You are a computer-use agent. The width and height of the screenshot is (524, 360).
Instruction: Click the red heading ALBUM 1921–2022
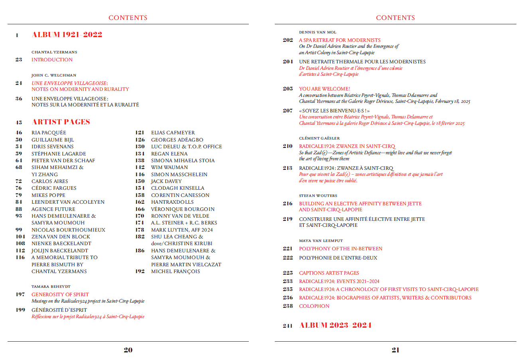point(67,35)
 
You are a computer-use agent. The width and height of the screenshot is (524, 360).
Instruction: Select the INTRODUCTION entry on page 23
point(52,60)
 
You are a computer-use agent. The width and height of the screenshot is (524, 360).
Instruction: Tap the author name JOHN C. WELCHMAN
point(54,75)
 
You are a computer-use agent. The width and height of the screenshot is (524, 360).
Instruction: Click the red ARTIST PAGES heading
point(61,122)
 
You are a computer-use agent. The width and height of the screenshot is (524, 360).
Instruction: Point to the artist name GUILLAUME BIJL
point(53,140)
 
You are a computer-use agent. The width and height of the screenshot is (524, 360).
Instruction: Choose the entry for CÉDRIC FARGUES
point(54,188)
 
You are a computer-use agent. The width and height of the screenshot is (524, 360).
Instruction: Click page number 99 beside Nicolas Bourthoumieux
point(19,230)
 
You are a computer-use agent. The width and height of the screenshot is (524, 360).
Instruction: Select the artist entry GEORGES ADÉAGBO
point(177,140)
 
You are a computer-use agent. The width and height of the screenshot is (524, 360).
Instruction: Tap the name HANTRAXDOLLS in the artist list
point(172,202)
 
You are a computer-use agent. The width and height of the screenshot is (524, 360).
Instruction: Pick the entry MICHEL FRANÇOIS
point(175,271)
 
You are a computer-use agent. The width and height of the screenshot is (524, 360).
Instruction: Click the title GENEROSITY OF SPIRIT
point(60,295)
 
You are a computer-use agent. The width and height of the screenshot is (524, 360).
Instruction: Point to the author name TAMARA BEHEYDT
point(51,286)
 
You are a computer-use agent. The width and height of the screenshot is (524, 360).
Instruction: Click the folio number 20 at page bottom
point(128,350)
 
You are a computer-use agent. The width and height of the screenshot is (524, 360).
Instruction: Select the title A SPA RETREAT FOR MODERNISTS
point(340,40)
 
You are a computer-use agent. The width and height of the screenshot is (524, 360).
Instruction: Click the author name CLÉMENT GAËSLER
point(319,138)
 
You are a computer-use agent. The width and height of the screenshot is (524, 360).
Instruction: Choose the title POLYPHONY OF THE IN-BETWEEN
point(341,249)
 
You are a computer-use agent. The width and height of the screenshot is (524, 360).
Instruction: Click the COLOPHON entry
point(314,306)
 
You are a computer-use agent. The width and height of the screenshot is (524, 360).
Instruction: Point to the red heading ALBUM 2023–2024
point(335,325)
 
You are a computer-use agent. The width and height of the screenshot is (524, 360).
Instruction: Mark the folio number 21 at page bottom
point(395,350)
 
